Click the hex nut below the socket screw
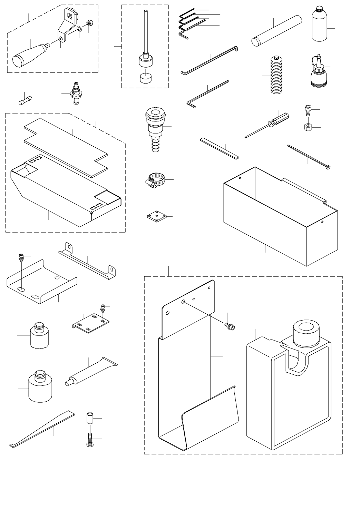click(308, 127)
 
